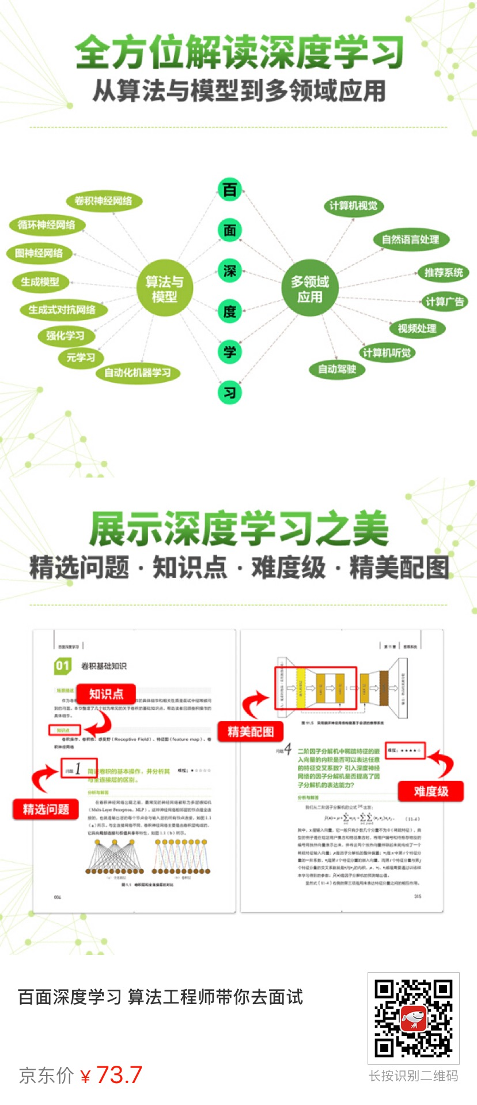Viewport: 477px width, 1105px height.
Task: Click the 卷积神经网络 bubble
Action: point(104,201)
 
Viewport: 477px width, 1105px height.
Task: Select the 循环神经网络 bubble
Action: point(47,225)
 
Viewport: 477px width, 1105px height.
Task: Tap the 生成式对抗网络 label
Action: point(62,310)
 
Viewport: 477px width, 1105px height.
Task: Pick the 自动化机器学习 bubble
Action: point(138,373)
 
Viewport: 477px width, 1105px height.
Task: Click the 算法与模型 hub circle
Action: point(164,289)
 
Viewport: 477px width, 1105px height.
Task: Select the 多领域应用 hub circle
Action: point(310,289)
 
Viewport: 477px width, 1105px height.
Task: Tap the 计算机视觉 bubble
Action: point(354,206)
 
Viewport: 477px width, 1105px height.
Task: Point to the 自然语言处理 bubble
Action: point(411,239)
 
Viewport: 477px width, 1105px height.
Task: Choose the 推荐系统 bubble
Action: point(444,272)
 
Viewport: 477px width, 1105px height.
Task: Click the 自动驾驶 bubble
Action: point(338,369)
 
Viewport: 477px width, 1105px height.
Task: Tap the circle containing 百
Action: point(230,190)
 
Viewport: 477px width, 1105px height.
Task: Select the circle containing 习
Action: point(230,393)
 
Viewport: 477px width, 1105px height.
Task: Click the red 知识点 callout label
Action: point(106,694)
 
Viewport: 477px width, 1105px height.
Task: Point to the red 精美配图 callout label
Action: point(250,732)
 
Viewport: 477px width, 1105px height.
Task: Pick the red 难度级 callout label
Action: point(431,791)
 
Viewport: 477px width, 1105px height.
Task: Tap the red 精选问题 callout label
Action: point(46,809)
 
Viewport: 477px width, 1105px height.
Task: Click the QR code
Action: point(413,1018)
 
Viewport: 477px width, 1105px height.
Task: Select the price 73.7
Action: point(119,1074)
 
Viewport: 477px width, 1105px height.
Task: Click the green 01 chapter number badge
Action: point(62,666)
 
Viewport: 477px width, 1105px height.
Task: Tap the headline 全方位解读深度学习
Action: point(239,52)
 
